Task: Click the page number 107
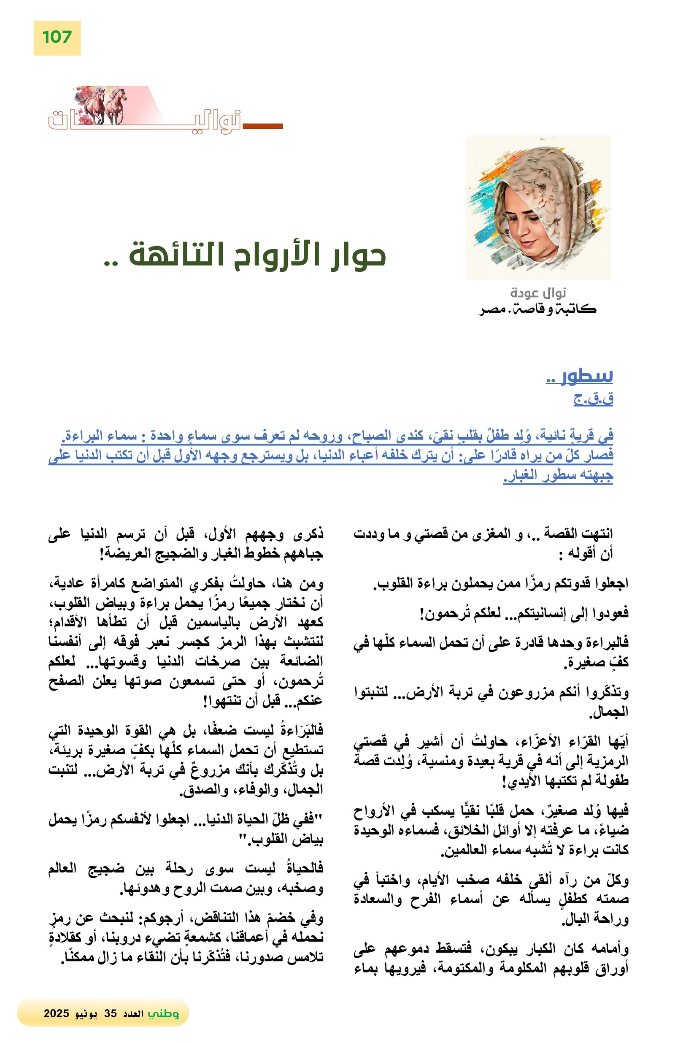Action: [x=57, y=37]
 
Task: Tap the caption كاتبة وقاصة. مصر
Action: [x=537, y=309]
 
